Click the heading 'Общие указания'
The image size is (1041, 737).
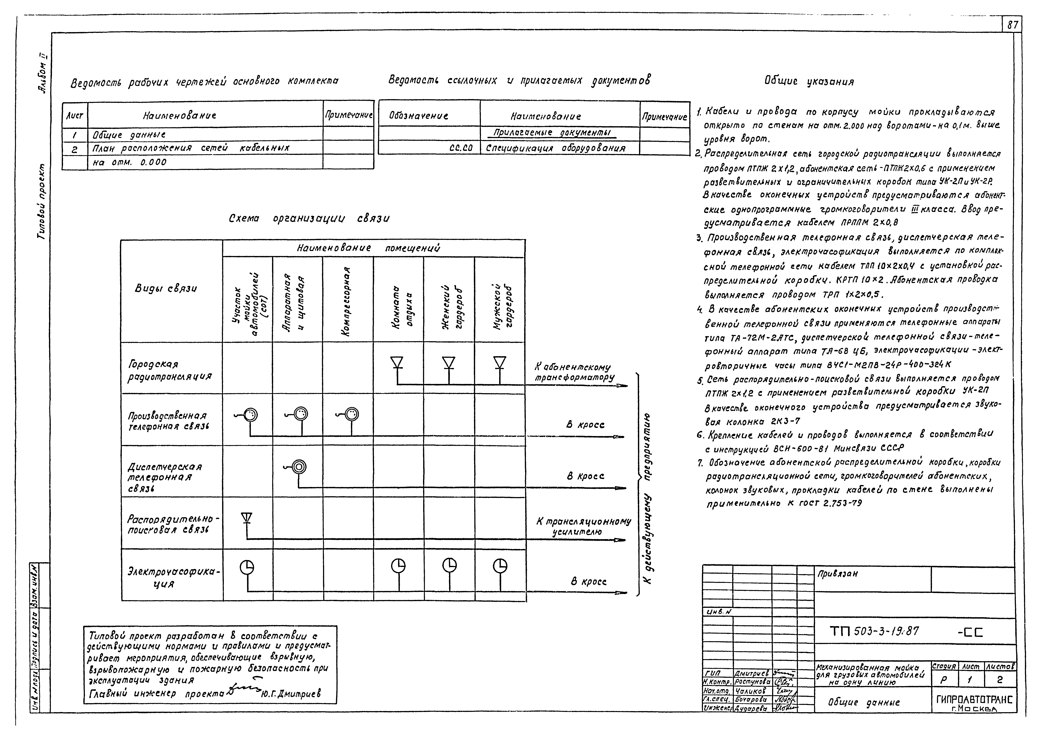click(809, 82)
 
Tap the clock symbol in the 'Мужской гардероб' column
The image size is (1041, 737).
click(500, 565)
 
